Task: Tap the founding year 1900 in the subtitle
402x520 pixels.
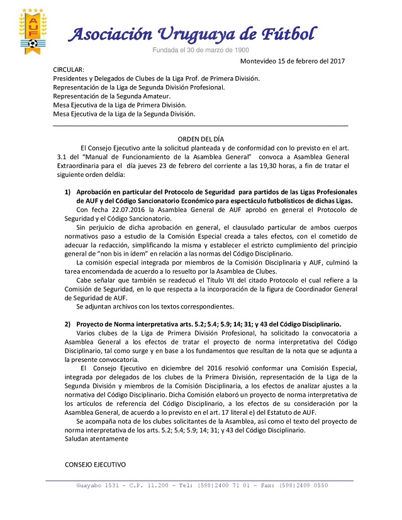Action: (x=240, y=49)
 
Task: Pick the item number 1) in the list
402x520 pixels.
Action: (x=67, y=191)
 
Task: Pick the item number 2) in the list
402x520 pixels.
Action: (x=67, y=324)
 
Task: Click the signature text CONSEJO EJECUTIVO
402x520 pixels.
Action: (x=95, y=465)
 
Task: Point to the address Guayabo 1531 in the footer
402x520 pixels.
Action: (x=101, y=485)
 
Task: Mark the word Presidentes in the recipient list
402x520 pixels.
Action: (x=72, y=78)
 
